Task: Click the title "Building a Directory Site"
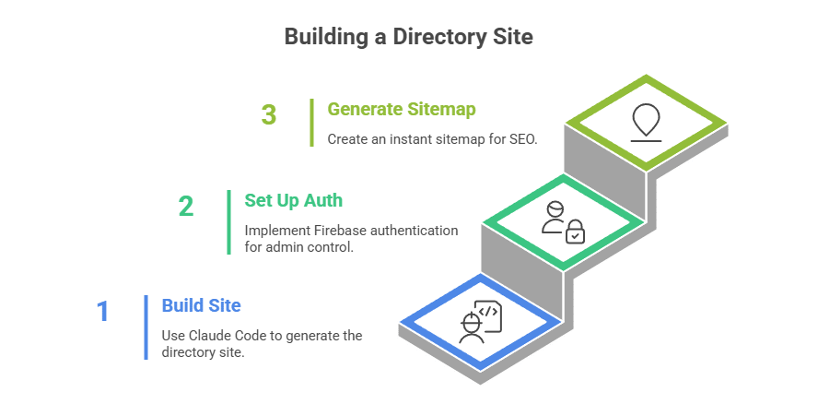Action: pos(408,37)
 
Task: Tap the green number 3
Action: pos(268,115)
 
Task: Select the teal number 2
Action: pos(186,206)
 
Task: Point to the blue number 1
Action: pos(103,311)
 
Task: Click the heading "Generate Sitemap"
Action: pos(402,110)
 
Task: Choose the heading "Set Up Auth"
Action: pos(294,199)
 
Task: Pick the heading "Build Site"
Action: pos(201,304)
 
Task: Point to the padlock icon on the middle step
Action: pos(575,232)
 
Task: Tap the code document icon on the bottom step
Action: pos(487,315)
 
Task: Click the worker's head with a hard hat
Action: pos(471,321)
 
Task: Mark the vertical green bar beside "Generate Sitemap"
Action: pos(312,123)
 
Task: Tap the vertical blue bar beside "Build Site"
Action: pos(146,327)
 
